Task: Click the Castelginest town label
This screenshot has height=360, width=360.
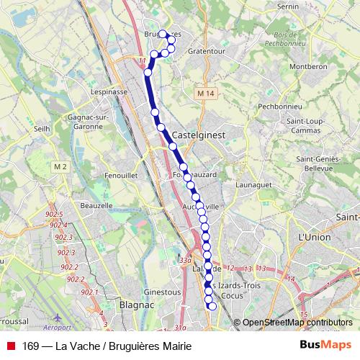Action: point(197,135)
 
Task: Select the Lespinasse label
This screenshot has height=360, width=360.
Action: point(109,92)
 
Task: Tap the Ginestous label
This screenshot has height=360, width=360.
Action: point(163,292)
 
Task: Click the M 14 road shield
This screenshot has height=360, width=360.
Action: point(205,94)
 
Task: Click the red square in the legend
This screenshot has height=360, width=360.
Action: point(10,346)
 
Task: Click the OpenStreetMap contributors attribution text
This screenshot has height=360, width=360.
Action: point(297,323)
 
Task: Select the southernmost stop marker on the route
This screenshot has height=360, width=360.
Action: point(212,307)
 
